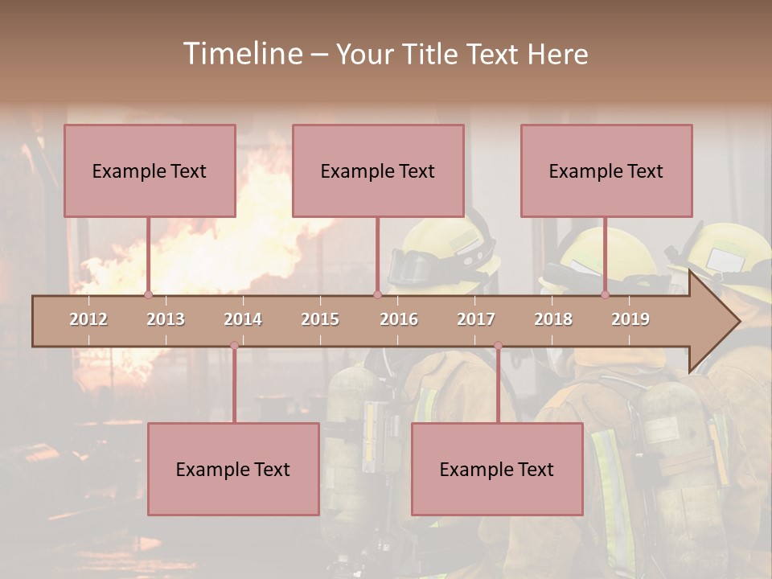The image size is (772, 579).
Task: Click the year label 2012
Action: (x=88, y=319)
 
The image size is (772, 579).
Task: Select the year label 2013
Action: (x=166, y=319)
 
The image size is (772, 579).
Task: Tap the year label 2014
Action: (x=243, y=319)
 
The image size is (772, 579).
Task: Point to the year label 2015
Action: (x=320, y=319)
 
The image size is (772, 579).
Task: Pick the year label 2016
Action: (x=399, y=319)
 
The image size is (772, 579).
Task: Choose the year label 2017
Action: (x=476, y=319)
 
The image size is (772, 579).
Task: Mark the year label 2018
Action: (x=553, y=319)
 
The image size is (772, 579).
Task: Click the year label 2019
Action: (x=630, y=319)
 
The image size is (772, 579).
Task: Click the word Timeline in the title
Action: (x=241, y=54)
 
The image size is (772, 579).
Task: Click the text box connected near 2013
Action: (x=150, y=170)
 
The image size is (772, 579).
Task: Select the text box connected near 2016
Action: (x=378, y=170)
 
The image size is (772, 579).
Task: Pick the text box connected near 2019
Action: (x=606, y=170)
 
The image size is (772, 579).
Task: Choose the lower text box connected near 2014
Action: (x=233, y=469)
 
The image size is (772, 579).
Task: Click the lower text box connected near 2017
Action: (x=497, y=469)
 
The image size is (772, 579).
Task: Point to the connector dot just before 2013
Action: (x=148, y=294)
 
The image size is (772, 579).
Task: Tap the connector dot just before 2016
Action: (x=377, y=294)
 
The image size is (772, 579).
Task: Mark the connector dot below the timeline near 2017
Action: (x=498, y=346)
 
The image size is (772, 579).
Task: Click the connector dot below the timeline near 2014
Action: (x=234, y=346)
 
